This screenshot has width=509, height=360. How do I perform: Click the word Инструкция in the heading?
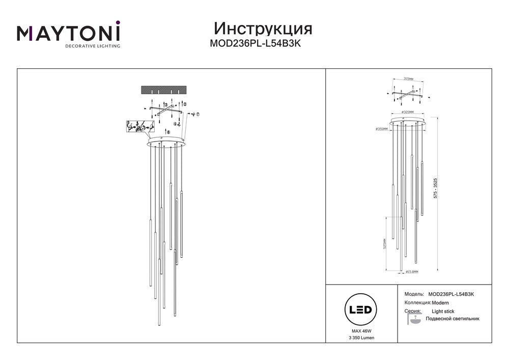[263, 27]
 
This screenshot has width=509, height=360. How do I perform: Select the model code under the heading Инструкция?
[256, 44]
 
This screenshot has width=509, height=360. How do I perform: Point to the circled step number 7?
[198, 115]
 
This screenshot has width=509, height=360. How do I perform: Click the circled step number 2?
[185, 104]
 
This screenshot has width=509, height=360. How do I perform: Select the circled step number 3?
[165, 104]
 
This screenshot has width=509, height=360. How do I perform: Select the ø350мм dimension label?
[381, 129]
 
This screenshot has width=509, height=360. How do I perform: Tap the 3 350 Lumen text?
[360, 338]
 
